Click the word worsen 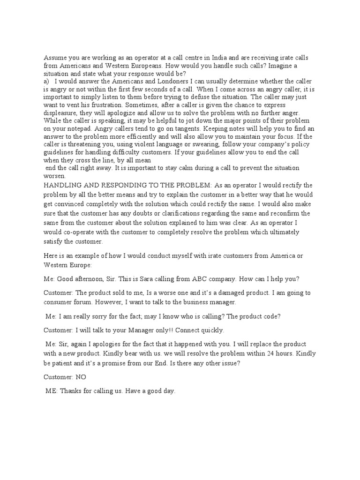point(56,175)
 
